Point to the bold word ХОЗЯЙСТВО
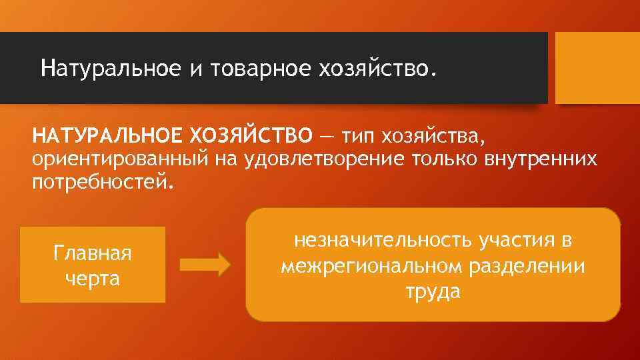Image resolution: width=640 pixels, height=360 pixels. (x=251, y=136)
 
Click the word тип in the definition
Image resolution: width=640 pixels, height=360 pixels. (x=358, y=136)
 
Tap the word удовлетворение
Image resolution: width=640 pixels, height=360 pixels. (x=307, y=159)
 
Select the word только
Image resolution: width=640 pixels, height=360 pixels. (x=429, y=159)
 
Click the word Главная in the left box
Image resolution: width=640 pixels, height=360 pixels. (x=93, y=254)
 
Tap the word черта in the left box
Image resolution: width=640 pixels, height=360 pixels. (x=93, y=277)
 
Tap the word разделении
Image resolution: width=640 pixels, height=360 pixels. (x=529, y=266)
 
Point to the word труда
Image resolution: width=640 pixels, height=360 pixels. (x=432, y=291)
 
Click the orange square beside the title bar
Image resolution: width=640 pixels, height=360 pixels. (x=597, y=68)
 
